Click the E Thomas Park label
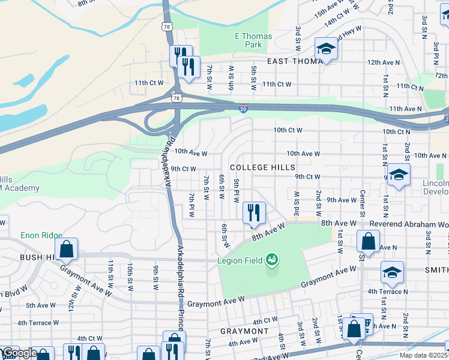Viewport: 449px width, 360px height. click(253, 40)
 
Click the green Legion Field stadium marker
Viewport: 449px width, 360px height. click(272, 259)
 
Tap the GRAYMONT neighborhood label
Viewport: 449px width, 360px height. click(244, 331)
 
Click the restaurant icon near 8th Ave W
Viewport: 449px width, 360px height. click(253, 212)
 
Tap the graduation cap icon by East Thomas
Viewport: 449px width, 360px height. click(326, 49)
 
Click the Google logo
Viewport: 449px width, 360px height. click(19, 353)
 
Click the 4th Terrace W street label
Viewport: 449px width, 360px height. click(38, 323)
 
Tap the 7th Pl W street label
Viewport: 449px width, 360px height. click(191, 205)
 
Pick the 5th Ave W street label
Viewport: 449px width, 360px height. click(41, 305)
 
